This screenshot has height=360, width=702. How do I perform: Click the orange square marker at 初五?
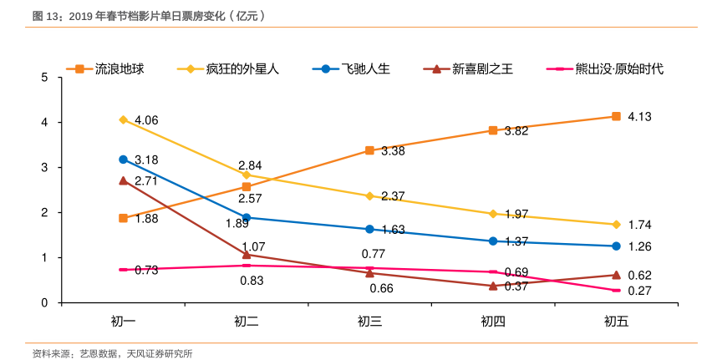pyautogui.click(x=616, y=116)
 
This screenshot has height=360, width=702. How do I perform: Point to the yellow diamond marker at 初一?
pyautogui.click(x=123, y=119)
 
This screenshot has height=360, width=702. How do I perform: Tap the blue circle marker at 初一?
pyautogui.click(x=123, y=159)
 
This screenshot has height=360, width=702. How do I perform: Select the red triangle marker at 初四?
pyautogui.click(x=493, y=286)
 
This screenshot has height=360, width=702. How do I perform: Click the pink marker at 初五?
pyautogui.click(x=616, y=290)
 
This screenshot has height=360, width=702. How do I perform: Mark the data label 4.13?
pyautogui.click(x=639, y=116)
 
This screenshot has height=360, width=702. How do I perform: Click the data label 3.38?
pyautogui.click(x=393, y=151)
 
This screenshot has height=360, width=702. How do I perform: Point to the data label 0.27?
pyautogui.click(x=639, y=291)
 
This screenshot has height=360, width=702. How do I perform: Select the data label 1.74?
pyautogui.click(x=639, y=225)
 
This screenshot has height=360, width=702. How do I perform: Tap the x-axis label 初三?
pyautogui.click(x=369, y=322)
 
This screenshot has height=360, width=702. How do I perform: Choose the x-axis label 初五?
pyautogui.click(x=616, y=322)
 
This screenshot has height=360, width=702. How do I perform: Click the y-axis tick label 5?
pyautogui.click(x=44, y=78)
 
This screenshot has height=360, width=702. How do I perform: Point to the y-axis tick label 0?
pyautogui.click(x=44, y=302)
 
